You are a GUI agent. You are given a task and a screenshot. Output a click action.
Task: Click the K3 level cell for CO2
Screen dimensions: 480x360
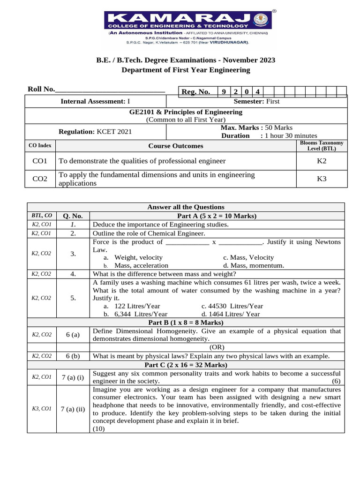pos(322,179)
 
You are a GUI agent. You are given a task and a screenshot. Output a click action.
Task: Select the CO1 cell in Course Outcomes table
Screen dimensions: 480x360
pos(40,161)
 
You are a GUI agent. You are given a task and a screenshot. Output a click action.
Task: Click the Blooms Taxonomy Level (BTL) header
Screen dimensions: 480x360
pos(322,145)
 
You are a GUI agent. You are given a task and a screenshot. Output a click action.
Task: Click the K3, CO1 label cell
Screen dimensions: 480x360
pos(41,409)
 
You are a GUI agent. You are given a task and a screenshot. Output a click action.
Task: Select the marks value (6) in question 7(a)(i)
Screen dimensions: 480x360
pos(336,381)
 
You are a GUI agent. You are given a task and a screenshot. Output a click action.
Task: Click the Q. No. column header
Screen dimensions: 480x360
pos(73,216)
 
